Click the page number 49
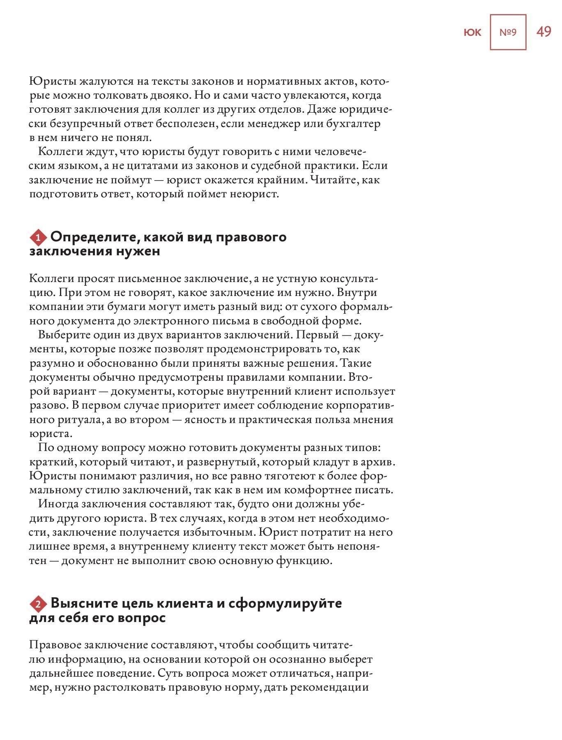point(544,32)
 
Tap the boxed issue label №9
point(508,32)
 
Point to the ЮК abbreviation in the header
point(472,32)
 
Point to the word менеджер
point(261,123)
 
